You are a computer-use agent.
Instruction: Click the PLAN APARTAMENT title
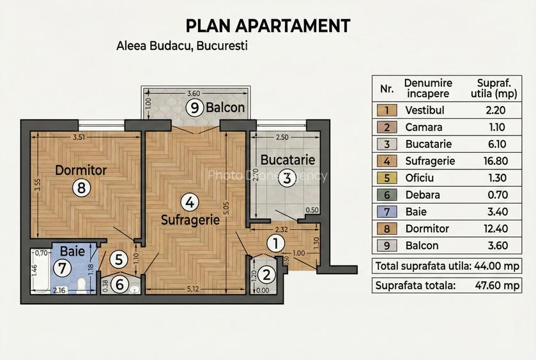268,26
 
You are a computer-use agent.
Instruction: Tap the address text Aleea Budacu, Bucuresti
182,45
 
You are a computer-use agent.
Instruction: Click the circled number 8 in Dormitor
81,187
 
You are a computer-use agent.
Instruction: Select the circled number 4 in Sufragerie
190,202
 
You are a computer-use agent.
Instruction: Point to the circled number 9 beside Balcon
194,108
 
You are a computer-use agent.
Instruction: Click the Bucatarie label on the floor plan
287,160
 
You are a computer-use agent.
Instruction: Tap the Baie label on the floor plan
72,251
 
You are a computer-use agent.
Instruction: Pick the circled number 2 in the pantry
266,275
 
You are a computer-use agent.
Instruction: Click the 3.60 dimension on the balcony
194,93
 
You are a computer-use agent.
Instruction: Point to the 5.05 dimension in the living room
227,208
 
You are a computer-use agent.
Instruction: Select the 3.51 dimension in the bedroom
79,137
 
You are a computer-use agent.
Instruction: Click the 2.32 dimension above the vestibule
281,230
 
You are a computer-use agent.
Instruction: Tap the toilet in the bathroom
81,285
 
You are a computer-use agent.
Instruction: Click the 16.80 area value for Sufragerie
496,161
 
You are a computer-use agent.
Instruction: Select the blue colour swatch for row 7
387,212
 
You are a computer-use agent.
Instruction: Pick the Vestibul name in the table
425,110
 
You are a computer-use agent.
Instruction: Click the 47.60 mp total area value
497,285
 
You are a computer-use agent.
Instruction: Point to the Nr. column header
387,89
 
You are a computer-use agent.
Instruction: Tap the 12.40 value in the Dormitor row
496,228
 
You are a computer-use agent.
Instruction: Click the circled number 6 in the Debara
119,284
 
